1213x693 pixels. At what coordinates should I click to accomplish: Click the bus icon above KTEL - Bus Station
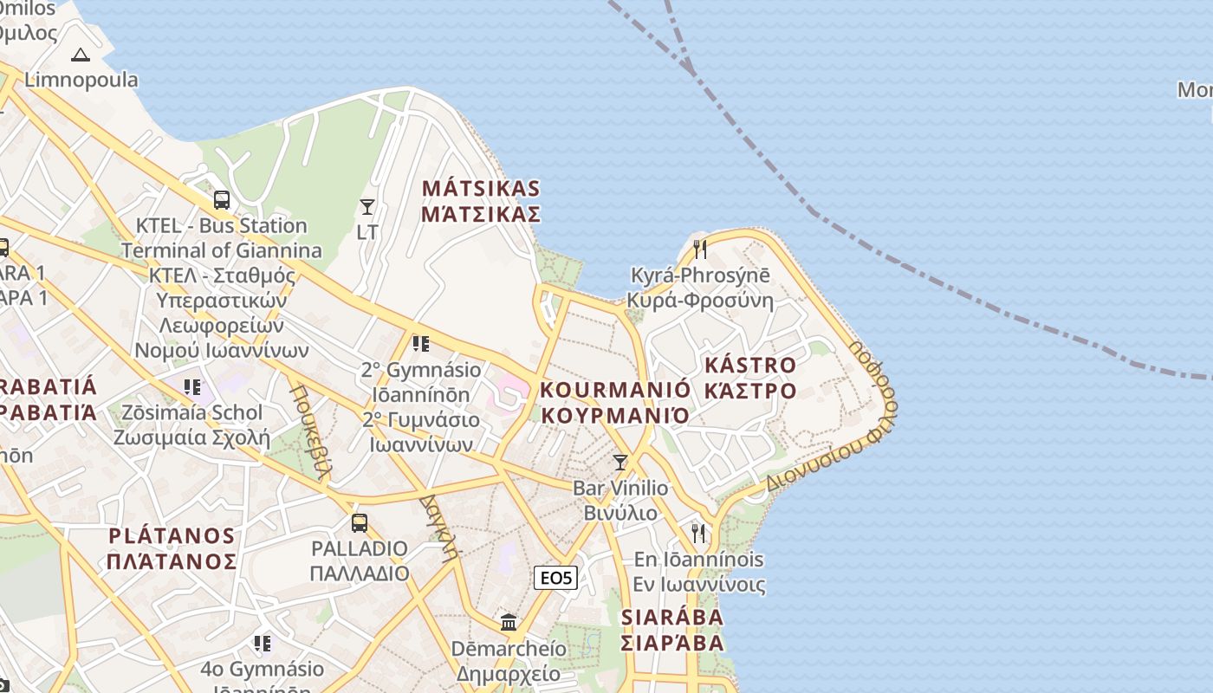[222, 200]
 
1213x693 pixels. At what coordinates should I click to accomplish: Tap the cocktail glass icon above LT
[367, 207]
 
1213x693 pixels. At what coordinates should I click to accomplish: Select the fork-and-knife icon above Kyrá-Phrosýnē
[700, 249]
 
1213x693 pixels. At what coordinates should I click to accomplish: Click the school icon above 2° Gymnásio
[421, 344]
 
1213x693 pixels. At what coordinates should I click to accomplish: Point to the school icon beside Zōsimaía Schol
[192, 386]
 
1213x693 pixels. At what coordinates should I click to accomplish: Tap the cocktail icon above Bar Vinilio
[619, 462]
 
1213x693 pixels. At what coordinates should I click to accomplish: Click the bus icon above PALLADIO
[359, 522]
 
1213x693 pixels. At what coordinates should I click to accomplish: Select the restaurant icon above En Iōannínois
[698, 533]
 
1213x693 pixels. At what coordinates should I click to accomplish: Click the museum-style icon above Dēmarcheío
[509, 622]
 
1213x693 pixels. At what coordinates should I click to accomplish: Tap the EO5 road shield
[555, 578]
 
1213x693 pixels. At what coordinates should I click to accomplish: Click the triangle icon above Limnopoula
[81, 55]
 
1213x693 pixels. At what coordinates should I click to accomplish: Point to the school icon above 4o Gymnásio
[263, 643]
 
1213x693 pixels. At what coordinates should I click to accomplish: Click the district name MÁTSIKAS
[481, 188]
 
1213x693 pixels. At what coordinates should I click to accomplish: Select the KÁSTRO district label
[749, 365]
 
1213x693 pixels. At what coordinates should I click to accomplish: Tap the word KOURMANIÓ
[615, 389]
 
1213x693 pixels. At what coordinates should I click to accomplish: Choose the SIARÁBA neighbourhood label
[672, 617]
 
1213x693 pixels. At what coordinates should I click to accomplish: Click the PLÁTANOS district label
[172, 535]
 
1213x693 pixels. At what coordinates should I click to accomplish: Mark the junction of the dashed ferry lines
[689, 68]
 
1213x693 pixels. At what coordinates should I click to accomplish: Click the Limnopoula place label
[81, 80]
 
